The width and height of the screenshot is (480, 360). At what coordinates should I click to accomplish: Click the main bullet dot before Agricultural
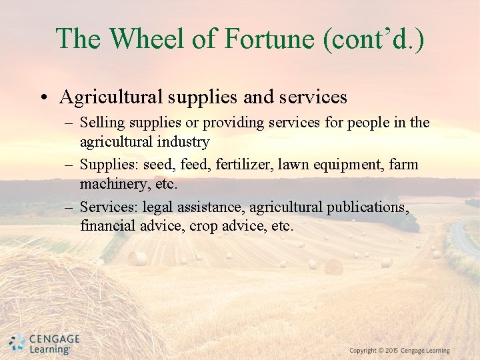(43, 98)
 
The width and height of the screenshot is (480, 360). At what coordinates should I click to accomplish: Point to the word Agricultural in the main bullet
(110, 97)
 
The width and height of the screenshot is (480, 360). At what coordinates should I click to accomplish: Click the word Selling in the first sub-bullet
(99, 123)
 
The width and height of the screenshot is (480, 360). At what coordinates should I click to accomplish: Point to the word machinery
(111, 183)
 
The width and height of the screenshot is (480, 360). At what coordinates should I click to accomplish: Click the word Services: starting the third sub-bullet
(108, 207)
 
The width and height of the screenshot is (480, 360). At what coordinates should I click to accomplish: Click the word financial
(107, 226)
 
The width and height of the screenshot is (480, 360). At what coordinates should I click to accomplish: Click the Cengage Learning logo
(44, 343)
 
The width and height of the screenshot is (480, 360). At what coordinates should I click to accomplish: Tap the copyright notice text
(399, 351)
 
